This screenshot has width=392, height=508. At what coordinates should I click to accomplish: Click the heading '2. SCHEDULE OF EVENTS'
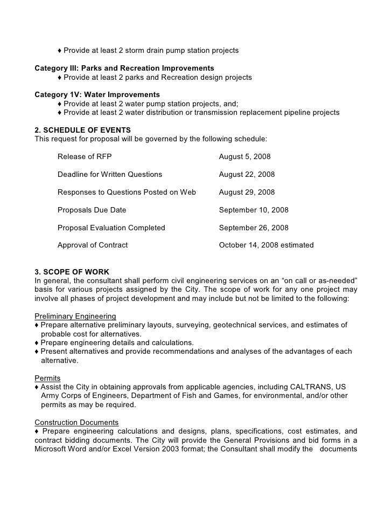click(x=82, y=130)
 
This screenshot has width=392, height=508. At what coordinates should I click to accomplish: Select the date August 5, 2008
click(x=244, y=157)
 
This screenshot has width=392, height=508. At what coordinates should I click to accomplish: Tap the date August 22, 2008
click(x=247, y=175)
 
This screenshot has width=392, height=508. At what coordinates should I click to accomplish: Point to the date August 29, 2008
click(x=247, y=192)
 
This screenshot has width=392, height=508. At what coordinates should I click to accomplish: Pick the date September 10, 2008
click(x=254, y=210)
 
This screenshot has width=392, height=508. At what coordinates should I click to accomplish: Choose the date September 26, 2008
click(x=254, y=228)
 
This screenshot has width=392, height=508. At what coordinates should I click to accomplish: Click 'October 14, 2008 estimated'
click(x=266, y=245)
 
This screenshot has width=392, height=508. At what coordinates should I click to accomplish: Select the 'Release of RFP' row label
click(x=85, y=157)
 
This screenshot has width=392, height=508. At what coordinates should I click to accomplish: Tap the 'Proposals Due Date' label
click(x=92, y=210)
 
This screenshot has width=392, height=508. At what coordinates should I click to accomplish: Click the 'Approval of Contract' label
click(x=93, y=245)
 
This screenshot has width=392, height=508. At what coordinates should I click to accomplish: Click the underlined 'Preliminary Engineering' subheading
click(x=75, y=316)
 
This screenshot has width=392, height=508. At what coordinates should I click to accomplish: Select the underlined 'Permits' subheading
click(x=47, y=378)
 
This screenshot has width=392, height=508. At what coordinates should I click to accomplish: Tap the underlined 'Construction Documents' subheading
click(x=76, y=422)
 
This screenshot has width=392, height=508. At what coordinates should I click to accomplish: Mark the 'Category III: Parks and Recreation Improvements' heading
click(x=124, y=68)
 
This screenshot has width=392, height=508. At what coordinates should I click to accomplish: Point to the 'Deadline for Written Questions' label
click(x=110, y=175)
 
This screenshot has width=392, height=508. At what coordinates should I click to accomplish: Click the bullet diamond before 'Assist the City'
click(x=37, y=387)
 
